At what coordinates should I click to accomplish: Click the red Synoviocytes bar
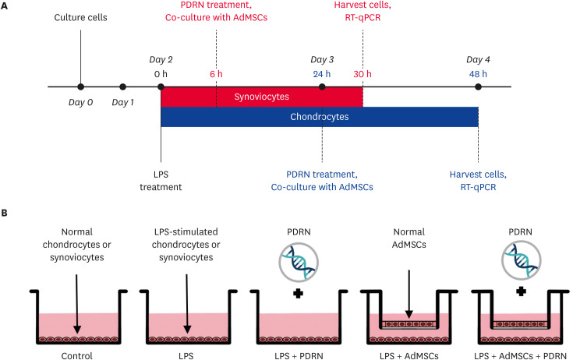(261, 97)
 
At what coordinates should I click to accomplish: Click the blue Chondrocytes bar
(320, 117)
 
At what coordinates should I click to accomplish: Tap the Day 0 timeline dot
(81, 87)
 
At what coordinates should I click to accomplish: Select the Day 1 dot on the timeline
(122, 87)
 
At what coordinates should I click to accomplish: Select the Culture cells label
(81, 16)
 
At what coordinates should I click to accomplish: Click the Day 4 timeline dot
(478, 87)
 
